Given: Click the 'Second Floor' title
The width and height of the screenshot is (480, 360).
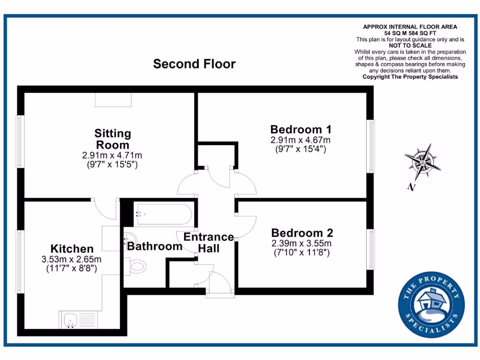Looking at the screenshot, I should tap(194, 64).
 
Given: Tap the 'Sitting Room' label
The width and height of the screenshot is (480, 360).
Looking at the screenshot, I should tap(112, 139).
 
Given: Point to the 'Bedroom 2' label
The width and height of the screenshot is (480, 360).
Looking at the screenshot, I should tap(302, 233).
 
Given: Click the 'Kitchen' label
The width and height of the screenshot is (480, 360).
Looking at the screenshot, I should tap(72, 249).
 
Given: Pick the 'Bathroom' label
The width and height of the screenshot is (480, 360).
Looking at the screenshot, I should tap(155, 246).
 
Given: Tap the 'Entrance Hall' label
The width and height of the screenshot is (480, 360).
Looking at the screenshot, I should tap(209, 242).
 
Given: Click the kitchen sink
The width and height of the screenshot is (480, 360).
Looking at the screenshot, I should tap(70, 320).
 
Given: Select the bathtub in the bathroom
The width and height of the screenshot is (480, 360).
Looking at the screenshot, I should tap(163, 214).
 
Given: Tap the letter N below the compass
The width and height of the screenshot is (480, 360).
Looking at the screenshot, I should tap(412, 187).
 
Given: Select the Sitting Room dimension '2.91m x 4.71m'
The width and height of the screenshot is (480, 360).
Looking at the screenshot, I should tap(112, 156).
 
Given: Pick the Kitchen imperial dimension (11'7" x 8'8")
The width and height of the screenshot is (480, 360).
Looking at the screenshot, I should tap(72, 269).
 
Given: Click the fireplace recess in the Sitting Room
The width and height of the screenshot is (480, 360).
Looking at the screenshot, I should tap(113, 99).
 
